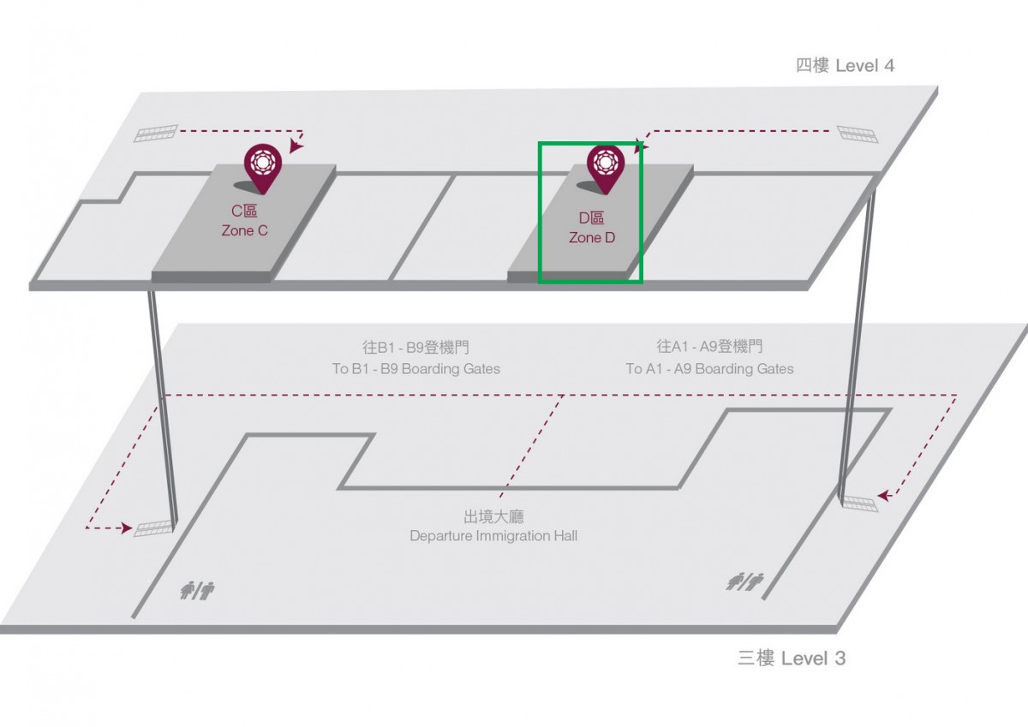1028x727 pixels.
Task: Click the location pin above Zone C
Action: (x=262, y=168)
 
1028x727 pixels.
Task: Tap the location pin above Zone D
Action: (x=606, y=169)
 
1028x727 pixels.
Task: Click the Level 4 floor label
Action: (x=845, y=66)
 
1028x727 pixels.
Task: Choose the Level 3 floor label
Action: (x=792, y=658)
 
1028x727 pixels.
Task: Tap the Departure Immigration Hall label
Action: (x=493, y=536)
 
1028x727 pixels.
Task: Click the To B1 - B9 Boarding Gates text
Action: (x=416, y=369)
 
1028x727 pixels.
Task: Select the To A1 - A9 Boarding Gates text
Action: (x=710, y=369)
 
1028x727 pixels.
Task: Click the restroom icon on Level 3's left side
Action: (x=197, y=590)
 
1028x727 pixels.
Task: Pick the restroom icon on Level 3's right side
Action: (x=744, y=581)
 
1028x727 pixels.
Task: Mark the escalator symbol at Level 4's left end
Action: (x=156, y=133)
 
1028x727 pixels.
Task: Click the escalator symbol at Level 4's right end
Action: (x=858, y=134)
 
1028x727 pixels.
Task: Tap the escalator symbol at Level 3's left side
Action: (x=153, y=528)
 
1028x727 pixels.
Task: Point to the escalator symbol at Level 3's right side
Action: (x=860, y=504)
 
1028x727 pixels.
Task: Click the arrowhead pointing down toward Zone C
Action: (x=296, y=146)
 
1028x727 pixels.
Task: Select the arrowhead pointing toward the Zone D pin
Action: (x=642, y=146)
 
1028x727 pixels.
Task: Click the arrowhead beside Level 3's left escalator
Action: (x=126, y=528)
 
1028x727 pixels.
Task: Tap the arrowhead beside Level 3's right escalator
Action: (x=884, y=495)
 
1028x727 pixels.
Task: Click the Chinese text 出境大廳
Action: (x=493, y=516)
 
